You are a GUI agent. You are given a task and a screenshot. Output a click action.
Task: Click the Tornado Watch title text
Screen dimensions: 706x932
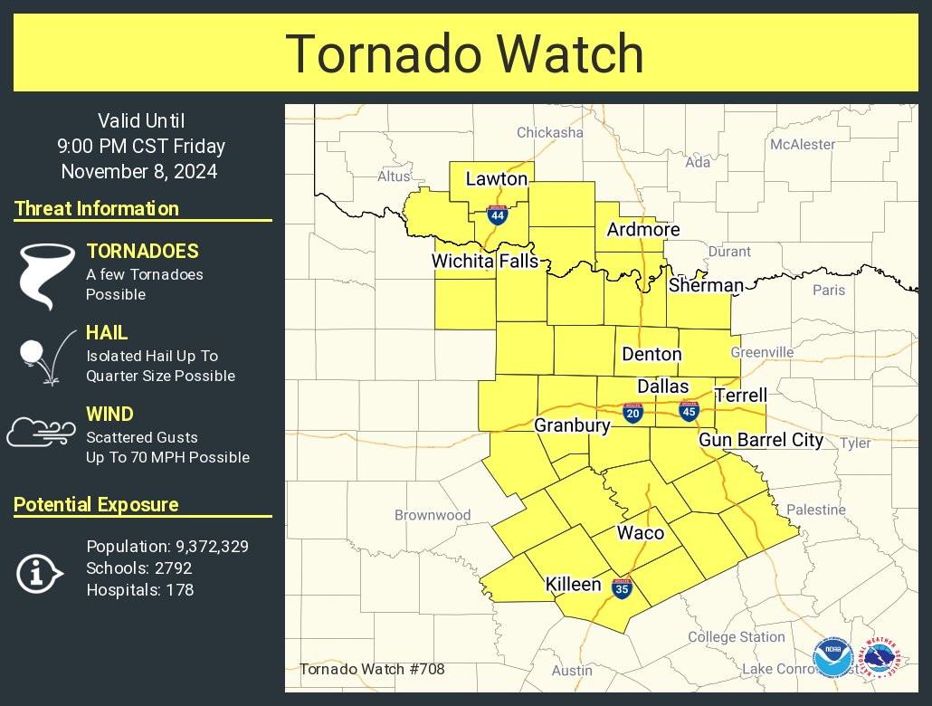(x=465, y=53)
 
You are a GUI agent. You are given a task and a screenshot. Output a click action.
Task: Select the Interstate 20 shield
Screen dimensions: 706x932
(x=633, y=413)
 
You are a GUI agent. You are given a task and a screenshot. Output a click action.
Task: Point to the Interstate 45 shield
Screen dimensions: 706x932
(x=689, y=411)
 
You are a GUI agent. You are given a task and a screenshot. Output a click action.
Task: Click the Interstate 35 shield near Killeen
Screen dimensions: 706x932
(x=621, y=588)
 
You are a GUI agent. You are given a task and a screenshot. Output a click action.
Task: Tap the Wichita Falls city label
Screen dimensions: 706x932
(x=485, y=262)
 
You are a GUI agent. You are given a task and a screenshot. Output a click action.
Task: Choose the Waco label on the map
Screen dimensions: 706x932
(x=641, y=532)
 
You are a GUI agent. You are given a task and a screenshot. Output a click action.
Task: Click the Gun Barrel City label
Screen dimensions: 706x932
(x=761, y=440)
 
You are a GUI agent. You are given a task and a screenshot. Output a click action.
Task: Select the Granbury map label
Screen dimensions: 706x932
(x=573, y=425)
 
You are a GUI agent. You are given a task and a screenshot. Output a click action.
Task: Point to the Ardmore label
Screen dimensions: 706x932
(x=643, y=230)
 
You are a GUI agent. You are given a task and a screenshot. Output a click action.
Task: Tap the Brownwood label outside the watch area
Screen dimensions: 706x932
(x=433, y=515)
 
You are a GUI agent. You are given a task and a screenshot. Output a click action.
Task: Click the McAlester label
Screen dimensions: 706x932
(x=803, y=144)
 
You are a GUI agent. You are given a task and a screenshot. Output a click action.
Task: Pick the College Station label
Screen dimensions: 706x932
(x=737, y=637)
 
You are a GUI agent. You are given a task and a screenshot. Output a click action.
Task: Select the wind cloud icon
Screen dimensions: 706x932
(x=40, y=432)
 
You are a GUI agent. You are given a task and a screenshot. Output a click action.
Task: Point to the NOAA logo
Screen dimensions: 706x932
(x=832, y=657)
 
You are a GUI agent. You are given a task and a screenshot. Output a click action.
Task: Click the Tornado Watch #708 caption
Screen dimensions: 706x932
(x=372, y=670)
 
